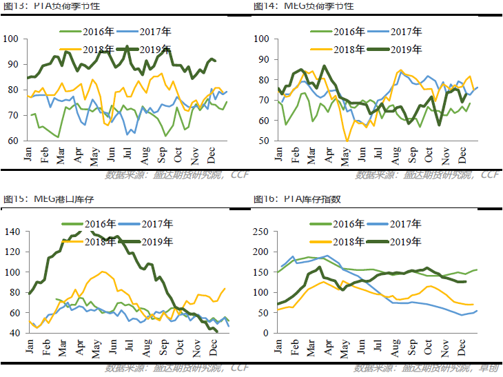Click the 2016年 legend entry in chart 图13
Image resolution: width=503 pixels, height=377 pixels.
click(x=87, y=32)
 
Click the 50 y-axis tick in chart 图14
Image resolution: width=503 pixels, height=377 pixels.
click(x=262, y=141)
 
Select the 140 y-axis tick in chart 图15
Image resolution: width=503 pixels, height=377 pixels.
click(x=13, y=232)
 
